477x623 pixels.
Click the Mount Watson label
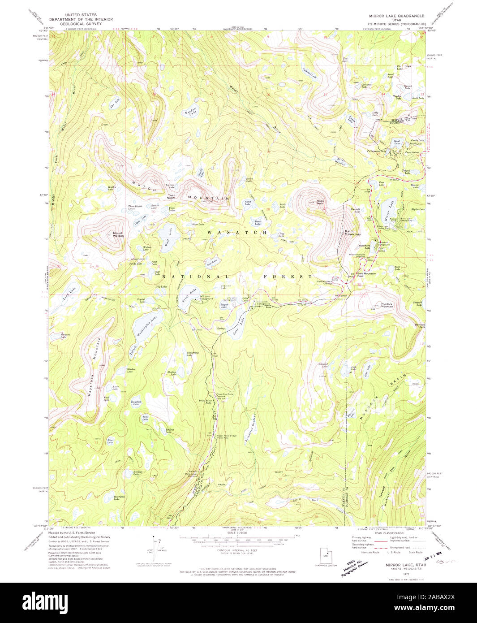118,234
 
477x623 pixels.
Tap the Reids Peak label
320,202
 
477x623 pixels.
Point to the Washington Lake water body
146,326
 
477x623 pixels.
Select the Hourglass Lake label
118,498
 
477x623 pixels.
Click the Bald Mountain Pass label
366,274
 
